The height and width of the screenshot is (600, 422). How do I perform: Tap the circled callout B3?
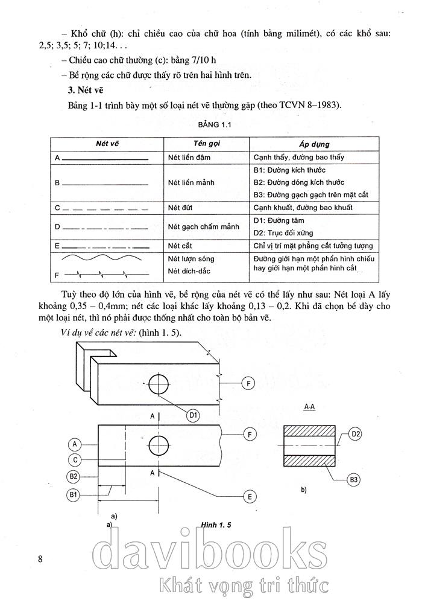click(354, 480)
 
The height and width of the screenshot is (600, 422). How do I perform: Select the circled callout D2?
click(355, 434)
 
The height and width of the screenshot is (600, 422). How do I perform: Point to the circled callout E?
click(248, 497)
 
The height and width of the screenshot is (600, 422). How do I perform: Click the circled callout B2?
click(74, 476)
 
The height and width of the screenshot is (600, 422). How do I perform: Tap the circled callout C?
click(74, 460)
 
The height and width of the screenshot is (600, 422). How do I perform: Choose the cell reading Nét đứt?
click(180, 208)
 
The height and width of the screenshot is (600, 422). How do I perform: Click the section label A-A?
click(310, 407)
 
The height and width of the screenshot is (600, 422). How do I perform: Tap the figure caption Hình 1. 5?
click(217, 525)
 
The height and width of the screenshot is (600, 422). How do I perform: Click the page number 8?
click(40, 558)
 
